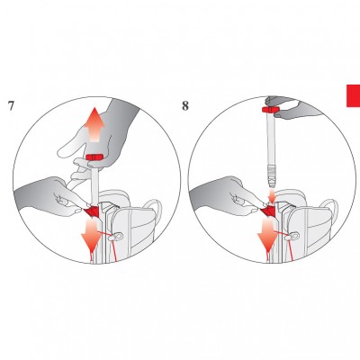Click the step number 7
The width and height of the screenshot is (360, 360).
click(x=11, y=105)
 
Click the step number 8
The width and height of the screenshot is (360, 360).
click(x=185, y=105)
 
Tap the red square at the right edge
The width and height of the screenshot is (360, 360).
click(x=354, y=95)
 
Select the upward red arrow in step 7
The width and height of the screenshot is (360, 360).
click(x=94, y=124)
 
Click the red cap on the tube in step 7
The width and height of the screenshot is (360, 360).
click(x=94, y=157)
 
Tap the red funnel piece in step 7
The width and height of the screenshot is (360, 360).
click(x=92, y=211)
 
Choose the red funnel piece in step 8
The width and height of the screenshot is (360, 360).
click(x=268, y=211)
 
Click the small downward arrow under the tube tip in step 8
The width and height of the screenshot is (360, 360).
click(x=271, y=195)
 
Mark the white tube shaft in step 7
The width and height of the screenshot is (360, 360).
click(x=94, y=184)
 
